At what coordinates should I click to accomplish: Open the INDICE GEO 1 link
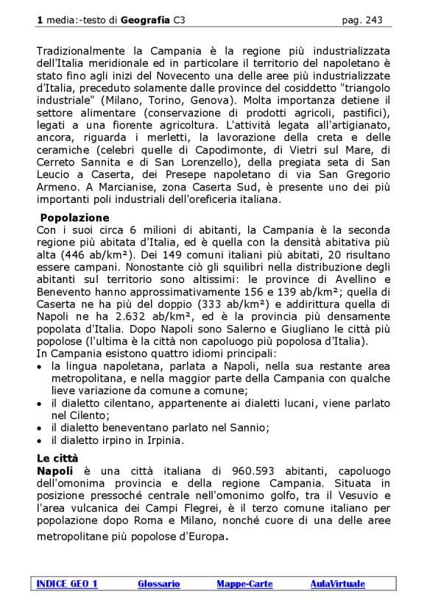click(67, 584)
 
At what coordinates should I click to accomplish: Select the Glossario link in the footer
click(158, 584)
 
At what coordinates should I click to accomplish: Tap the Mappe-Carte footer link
click(244, 584)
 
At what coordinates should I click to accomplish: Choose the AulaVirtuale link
click(337, 584)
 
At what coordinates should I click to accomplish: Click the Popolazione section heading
click(74, 218)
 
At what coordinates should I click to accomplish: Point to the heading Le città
click(58, 458)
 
